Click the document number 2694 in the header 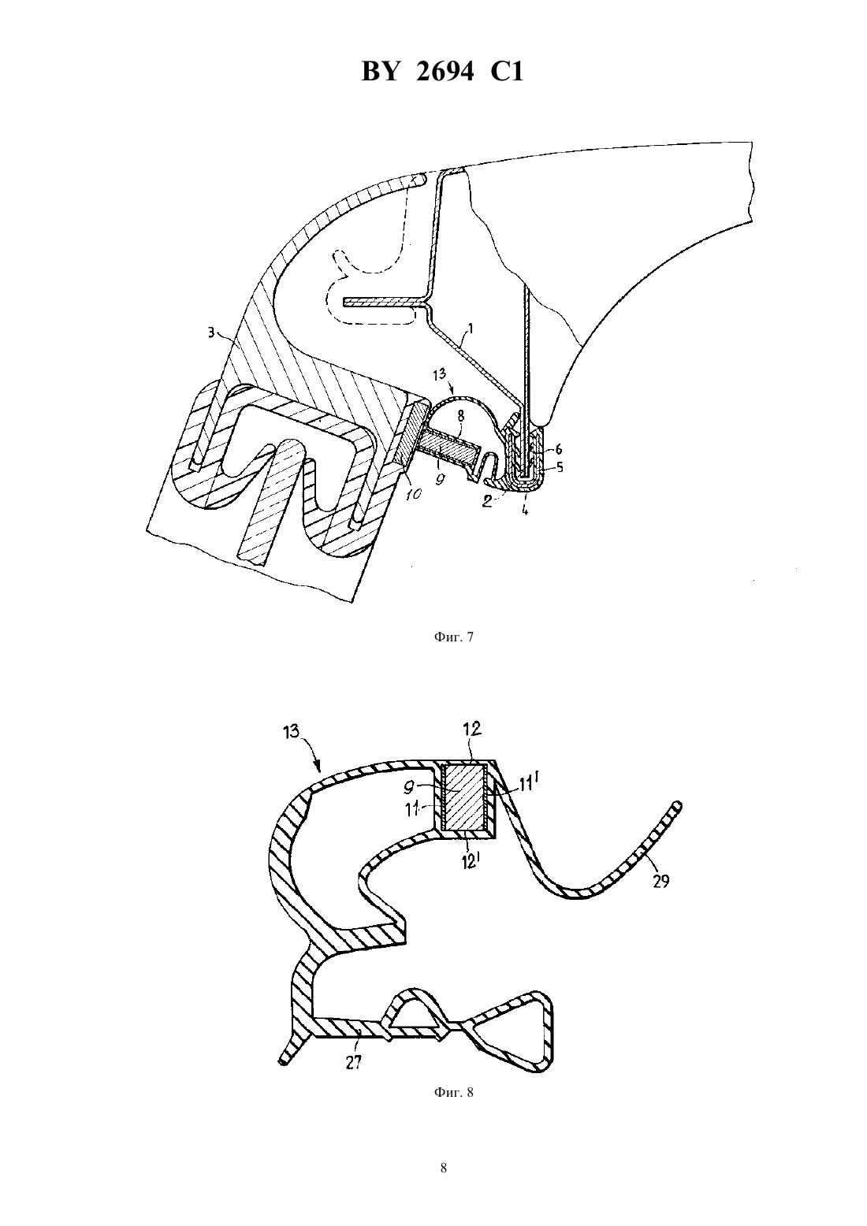[x=445, y=72]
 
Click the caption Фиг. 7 [x=453, y=637]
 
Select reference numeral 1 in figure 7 [x=471, y=329]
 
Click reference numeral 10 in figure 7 [x=414, y=493]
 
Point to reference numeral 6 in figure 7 [x=558, y=449]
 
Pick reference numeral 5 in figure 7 [x=560, y=467]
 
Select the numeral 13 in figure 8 [x=292, y=731]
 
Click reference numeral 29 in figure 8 [x=661, y=882]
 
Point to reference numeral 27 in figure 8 [x=354, y=1062]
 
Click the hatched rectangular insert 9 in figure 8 [x=464, y=797]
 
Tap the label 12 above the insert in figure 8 [x=471, y=729]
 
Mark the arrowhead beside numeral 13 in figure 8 [x=319, y=765]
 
